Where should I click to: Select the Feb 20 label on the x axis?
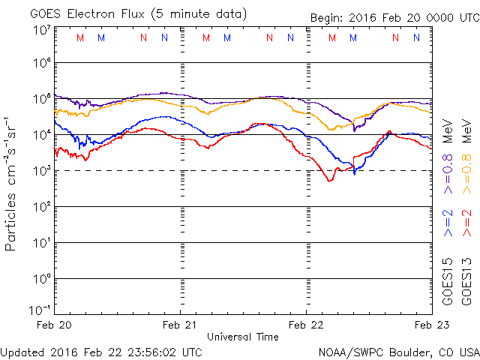click(54, 325)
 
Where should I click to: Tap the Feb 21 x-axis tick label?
click(181, 325)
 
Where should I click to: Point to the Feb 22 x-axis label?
click(307, 325)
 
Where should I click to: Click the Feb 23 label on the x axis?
click(430, 325)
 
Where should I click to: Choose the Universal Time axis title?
click(242, 337)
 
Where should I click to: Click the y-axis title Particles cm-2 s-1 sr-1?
click(12, 183)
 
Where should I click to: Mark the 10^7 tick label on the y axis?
click(40, 29)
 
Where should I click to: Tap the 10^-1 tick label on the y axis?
click(39, 310)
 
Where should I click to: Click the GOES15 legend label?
click(448, 285)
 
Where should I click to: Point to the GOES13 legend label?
click(466, 285)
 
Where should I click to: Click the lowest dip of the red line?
click(329, 181)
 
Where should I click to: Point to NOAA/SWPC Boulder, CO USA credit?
click(397, 351)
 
